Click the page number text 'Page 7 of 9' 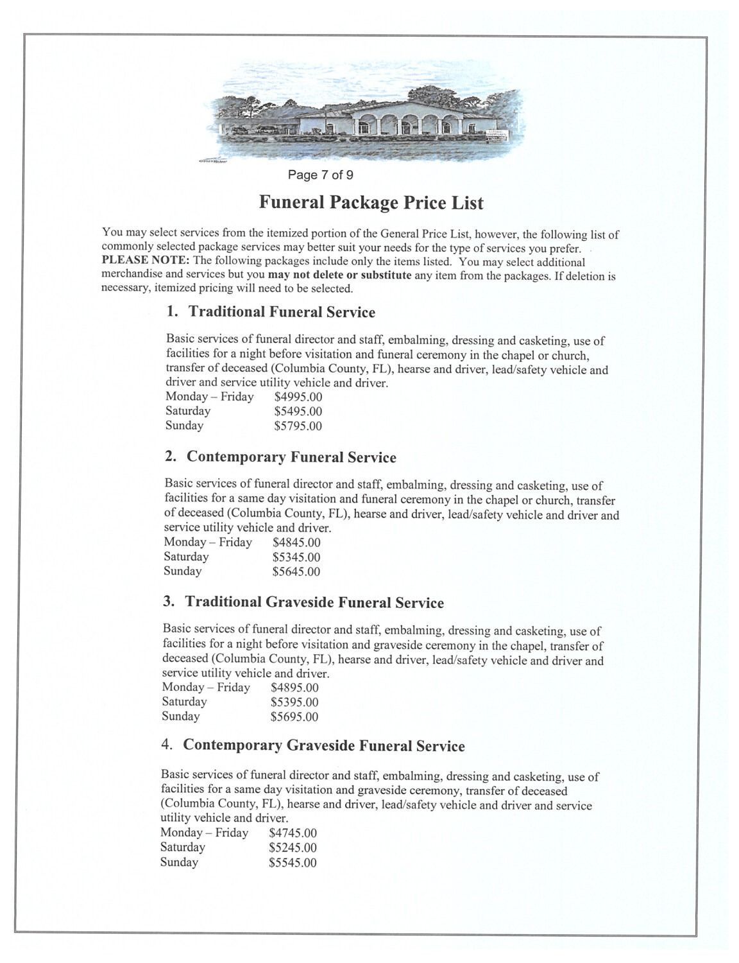tap(320, 175)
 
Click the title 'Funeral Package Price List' tap(371, 203)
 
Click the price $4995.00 tap(298, 397)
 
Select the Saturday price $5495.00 tap(298, 412)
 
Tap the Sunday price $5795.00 tap(298, 426)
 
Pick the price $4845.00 tap(296, 542)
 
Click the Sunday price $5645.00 tap(296, 572)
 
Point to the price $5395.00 tap(294, 702)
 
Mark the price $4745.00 tap(293, 833)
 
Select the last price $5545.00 tap(293, 863)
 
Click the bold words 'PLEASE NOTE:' tap(146, 261)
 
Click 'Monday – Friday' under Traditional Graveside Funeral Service tap(206, 688)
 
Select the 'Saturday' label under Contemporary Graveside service tap(183, 847)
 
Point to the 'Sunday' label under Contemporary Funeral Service tap(183, 571)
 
